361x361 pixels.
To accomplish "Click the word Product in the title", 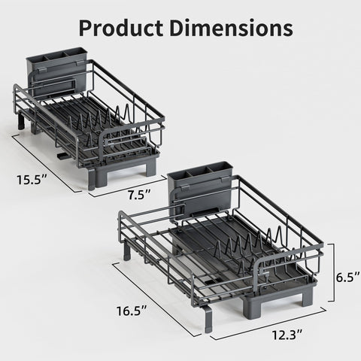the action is coord(121,28).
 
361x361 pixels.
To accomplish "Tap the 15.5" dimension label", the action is coord(32,180).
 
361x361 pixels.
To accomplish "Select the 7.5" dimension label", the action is coord(139,195).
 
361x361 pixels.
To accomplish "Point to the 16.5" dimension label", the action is coord(132,311).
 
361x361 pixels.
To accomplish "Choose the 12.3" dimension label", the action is coord(287,335).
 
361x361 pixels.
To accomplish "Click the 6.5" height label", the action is coord(348,278).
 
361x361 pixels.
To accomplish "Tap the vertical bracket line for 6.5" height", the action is coord(333,272).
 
